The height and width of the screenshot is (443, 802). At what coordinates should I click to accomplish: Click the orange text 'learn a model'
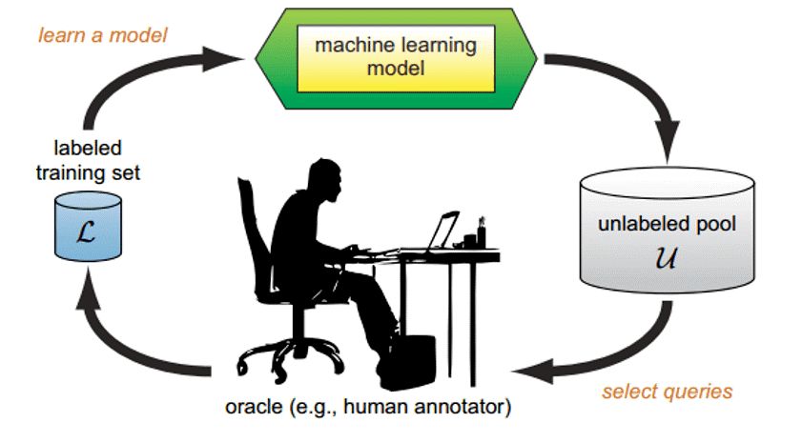[x=103, y=35]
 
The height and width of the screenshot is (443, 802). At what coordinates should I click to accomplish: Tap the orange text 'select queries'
[x=667, y=392]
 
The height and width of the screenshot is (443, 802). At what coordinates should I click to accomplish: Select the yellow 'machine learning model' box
[x=396, y=58]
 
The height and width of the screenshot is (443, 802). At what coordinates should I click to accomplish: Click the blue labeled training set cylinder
[x=88, y=226]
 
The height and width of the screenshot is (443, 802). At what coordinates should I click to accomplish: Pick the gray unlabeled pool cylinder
[x=667, y=230]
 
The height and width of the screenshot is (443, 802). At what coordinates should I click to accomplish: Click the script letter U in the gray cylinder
[x=666, y=257]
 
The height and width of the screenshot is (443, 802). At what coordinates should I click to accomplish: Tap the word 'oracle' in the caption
[x=253, y=407]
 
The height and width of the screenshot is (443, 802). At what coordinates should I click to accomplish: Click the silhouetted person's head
[x=325, y=179]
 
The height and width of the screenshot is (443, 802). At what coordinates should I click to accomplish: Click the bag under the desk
[x=409, y=361]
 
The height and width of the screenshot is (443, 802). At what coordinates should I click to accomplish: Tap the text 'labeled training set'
[x=88, y=160]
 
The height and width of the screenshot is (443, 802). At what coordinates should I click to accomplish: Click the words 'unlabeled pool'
[x=667, y=224]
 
